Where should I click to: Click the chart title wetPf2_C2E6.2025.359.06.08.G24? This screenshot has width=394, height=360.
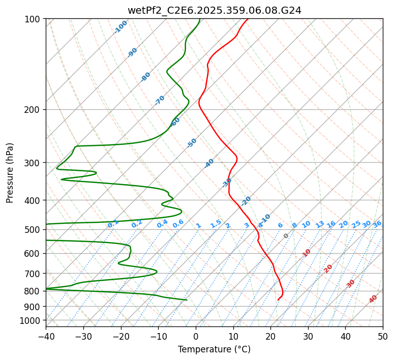click(x=214, y=10)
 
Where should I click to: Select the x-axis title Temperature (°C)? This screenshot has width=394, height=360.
click(x=214, y=349)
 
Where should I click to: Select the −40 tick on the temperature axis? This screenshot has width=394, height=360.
click(x=46, y=336)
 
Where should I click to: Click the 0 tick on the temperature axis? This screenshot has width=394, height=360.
click(x=196, y=336)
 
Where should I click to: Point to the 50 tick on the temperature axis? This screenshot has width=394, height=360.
click(x=383, y=336)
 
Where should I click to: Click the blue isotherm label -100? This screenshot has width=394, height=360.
click(x=120, y=27)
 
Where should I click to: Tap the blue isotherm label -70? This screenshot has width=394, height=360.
click(x=160, y=100)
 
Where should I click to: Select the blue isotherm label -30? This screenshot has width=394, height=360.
click(x=227, y=182)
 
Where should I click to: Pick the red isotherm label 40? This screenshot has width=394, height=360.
click(x=373, y=299)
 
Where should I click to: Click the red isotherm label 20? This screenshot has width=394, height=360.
click(x=328, y=268)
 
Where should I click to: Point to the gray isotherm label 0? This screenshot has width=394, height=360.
click(x=286, y=236)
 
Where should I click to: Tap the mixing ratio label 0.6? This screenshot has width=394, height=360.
click(x=178, y=224)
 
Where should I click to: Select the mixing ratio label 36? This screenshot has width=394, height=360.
click(x=377, y=224)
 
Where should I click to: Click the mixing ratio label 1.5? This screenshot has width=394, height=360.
click(x=216, y=224)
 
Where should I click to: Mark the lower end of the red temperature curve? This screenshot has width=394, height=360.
click(x=278, y=300)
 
